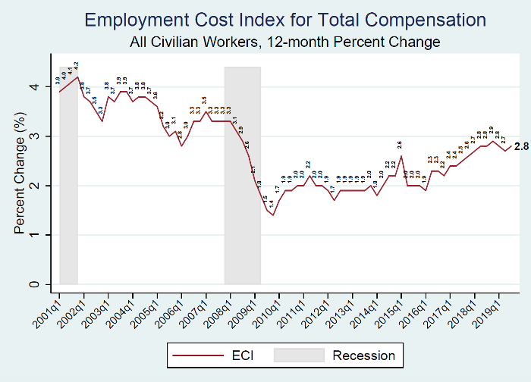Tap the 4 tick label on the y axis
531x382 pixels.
[x=33, y=87]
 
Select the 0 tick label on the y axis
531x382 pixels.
[x=33, y=285]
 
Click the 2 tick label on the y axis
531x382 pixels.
[x=33, y=186]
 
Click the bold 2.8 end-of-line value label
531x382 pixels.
[x=521, y=147]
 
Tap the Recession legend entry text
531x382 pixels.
[x=364, y=355]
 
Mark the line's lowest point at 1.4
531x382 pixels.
[x=272, y=214]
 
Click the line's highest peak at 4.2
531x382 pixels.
[x=77, y=77]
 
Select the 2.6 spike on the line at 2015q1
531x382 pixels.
[x=401, y=156]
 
